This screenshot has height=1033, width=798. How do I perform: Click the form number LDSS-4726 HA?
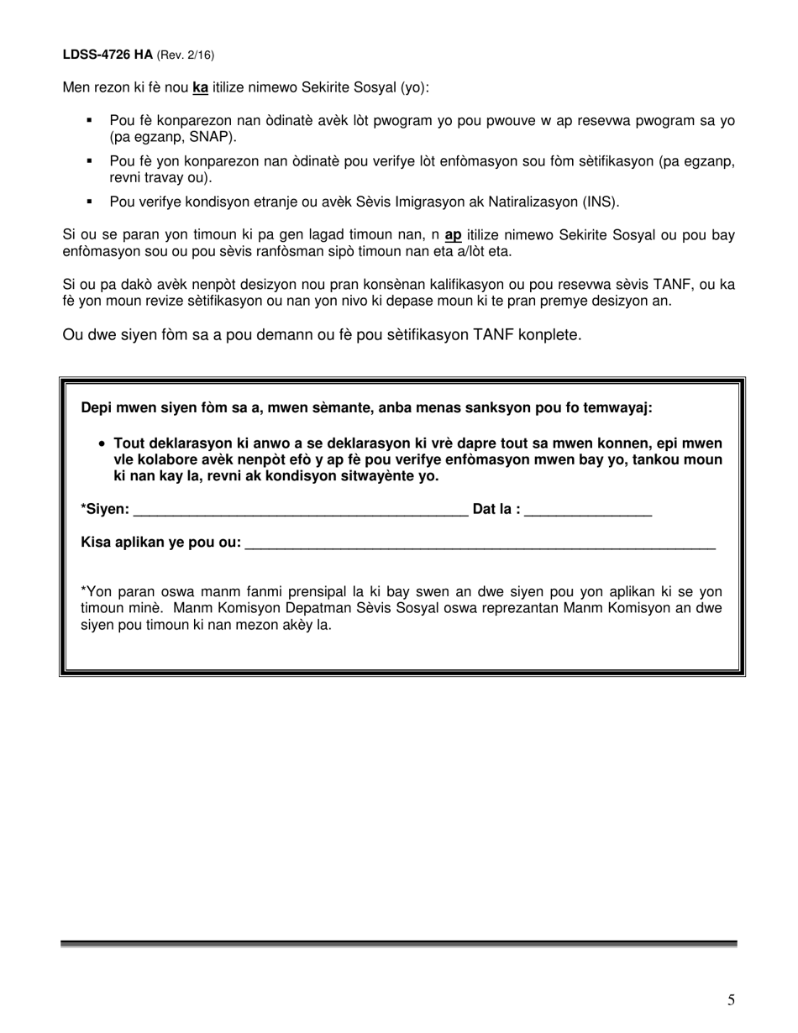[x=108, y=55]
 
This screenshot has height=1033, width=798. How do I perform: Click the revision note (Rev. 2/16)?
[x=186, y=55]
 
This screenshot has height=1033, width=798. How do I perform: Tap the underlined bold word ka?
[x=200, y=87]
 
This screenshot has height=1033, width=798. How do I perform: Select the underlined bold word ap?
[x=453, y=235]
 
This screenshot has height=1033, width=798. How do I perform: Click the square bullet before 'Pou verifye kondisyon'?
[x=88, y=202]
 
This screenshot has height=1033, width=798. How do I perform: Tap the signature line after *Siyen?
[x=300, y=511]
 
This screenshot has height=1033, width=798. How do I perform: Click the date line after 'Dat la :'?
[x=588, y=511]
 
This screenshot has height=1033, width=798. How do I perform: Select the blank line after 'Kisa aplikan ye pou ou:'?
[x=479, y=544]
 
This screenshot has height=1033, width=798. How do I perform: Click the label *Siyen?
[x=105, y=509]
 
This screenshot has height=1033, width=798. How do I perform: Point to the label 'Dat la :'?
[x=496, y=509]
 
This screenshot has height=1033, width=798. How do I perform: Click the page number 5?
[x=731, y=999]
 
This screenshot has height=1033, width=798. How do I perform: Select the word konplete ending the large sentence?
[x=551, y=335]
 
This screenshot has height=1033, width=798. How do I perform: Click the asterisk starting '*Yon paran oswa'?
[x=83, y=592]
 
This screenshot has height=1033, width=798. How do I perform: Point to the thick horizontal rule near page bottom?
[x=398, y=944]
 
